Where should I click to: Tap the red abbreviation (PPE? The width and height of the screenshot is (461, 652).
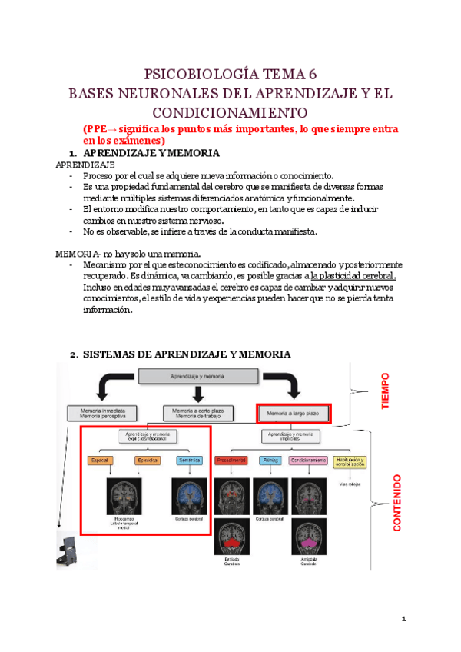pos(101,129)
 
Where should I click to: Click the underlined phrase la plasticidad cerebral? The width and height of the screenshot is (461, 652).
pos(353,276)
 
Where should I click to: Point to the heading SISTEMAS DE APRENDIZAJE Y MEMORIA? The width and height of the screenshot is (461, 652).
pos(187,354)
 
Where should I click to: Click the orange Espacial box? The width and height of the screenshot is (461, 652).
pos(101,461)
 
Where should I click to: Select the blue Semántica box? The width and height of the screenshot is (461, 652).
pos(189,461)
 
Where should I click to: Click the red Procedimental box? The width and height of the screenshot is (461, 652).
pos(231,461)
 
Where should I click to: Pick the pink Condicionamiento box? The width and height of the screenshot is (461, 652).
pos(308,461)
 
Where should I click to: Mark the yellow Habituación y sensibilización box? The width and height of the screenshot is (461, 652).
pos(350,461)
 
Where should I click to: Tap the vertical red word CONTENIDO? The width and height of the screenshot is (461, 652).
pos(398,504)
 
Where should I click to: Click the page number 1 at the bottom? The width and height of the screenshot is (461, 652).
pos(403,619)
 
